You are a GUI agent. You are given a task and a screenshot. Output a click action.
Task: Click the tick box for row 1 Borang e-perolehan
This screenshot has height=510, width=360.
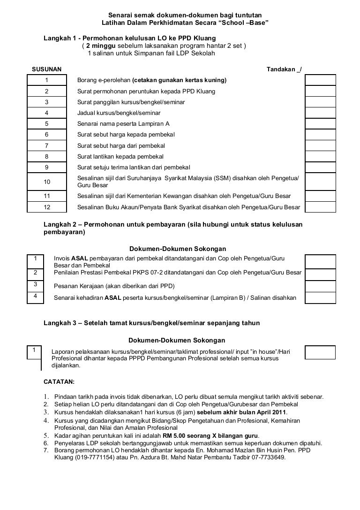pyautogui.click(x=320, y=80)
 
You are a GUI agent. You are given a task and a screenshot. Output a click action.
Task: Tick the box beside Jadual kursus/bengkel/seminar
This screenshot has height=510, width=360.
pyautogui.click(x=320, y=113)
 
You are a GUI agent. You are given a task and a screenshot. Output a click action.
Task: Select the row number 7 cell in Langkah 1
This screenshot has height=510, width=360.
pyautogui.click(x=47, y=145)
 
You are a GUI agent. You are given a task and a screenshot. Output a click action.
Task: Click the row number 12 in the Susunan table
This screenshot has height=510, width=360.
pyautogui.click(x=47, y=207)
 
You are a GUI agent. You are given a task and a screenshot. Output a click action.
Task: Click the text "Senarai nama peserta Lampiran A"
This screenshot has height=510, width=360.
pyautogui.click(x=123, y=124)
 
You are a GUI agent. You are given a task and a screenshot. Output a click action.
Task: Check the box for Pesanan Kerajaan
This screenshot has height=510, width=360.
pyautogui.click(x=320, y=286)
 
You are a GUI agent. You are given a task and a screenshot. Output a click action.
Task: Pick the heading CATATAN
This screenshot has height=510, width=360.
pyautogui.click(x=59, y=382)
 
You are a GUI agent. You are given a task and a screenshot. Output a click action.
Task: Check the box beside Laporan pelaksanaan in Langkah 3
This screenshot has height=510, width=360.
pyautogui.click(x=320, y=352)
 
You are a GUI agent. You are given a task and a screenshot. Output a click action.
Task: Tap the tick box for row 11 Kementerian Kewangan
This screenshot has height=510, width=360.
pyautogui.click(x=320, y=196)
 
